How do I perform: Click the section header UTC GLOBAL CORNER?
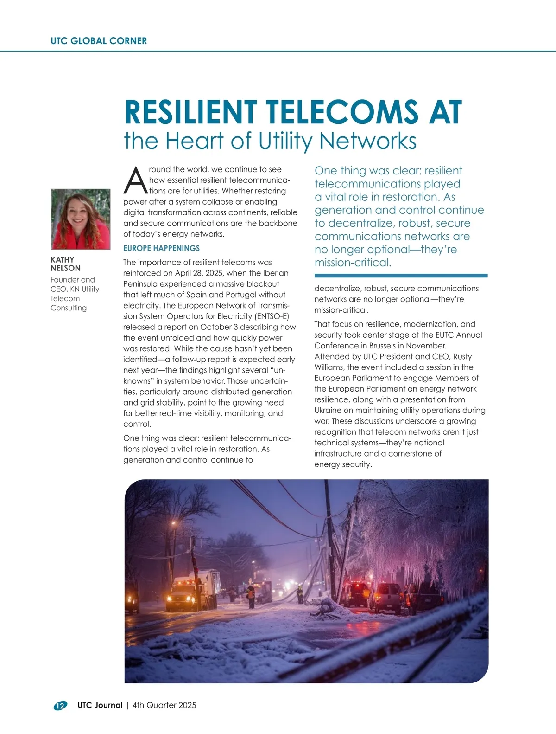99,41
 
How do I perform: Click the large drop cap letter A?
134,181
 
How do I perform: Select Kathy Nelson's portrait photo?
81,219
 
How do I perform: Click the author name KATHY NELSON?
65,264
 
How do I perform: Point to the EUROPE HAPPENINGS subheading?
161,248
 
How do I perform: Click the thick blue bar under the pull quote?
401,276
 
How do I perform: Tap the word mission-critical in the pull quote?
353,263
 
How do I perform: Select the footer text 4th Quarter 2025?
164,705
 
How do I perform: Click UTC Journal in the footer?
100,705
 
